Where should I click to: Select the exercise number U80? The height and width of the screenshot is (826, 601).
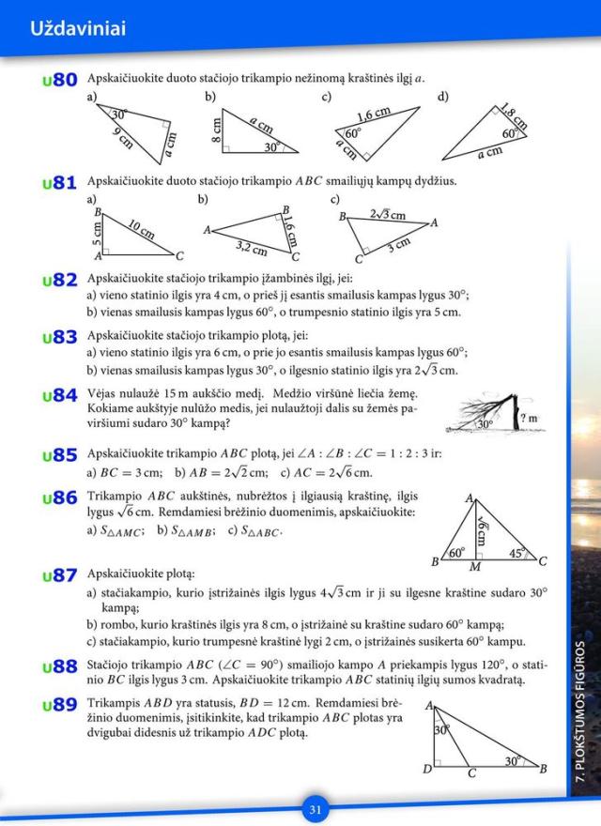(x=58, y=82)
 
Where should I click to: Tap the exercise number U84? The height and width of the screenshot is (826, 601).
(x=58, y=397)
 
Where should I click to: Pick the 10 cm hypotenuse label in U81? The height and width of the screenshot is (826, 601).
(x=141, y=231)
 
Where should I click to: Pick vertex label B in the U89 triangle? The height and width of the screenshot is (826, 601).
(x=544, y=769)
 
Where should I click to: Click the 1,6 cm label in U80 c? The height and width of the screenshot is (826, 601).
(x=374, y=114)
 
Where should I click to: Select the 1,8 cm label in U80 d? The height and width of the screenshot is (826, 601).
(x=513, y=115)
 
